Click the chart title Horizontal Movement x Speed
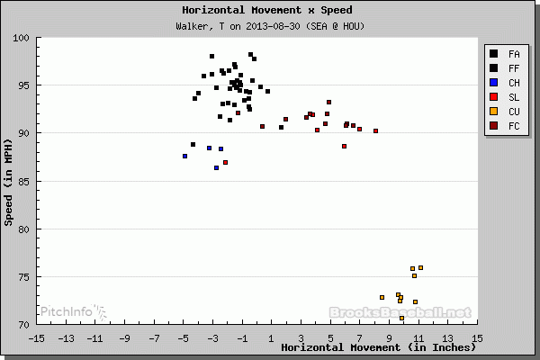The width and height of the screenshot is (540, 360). [x=269, y=10]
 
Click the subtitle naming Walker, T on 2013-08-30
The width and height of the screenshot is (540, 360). [x=269, y=25]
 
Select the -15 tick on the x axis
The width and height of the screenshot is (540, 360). [x=36, y=338]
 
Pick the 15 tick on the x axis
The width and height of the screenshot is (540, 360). [x=477, y=338]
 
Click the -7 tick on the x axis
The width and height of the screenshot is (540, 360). [x=153, y=338]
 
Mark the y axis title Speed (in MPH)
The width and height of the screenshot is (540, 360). [x=9, y=180]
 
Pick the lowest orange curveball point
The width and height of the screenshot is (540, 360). [x=401, y=318]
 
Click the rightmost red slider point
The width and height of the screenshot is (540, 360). [x=375, y=130]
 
